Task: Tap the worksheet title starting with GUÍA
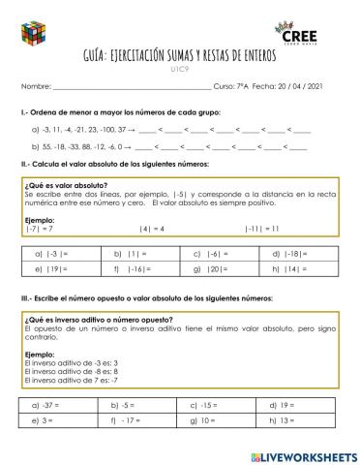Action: point(180,57)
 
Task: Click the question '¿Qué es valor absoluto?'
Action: point(65,184)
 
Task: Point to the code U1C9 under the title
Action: point(180,71)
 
